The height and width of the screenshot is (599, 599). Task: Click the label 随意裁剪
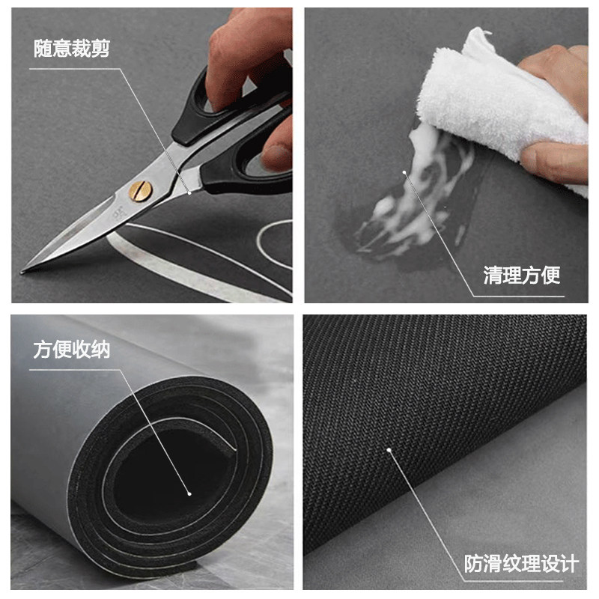click(x=72, y=49)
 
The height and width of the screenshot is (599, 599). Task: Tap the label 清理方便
click(x=521, y=275)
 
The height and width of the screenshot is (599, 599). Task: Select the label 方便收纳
click(x=71, y=349)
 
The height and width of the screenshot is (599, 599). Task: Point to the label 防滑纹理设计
click(x=521, y=564)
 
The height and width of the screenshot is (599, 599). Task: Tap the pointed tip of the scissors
click(x=22, y=270)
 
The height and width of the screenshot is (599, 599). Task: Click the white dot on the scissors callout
click(x=189, y=192)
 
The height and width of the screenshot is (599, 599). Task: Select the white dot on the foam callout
click(x=404, y=173)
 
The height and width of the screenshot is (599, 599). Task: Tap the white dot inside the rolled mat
click(x=190, y=494)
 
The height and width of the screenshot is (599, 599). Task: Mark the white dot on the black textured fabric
click(x=389, y=450)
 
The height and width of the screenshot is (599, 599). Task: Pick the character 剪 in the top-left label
click(x=100, y=49)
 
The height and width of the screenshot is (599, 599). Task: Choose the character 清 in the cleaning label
click(x=493, y=275)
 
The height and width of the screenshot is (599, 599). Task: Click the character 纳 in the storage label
click(x=100, y=349)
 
